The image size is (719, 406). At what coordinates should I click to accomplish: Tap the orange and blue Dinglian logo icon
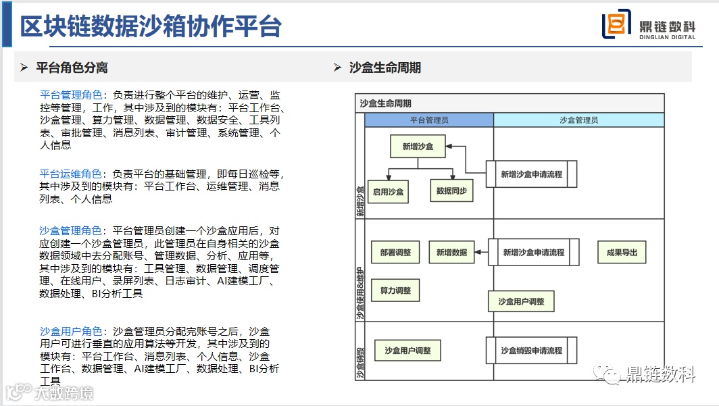coord(616,26)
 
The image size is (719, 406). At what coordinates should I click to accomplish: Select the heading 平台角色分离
coord(72,68)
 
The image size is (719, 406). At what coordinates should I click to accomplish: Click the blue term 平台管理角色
coord(70,95)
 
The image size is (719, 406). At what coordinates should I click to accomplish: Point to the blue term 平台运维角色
coord(70,174)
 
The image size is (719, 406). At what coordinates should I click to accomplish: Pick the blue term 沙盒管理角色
coord(70,231)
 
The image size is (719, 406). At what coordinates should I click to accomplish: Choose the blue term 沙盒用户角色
coord(70,332)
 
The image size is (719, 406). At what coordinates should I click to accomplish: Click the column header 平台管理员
coord(429,120)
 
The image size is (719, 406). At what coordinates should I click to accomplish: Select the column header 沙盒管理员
coord(578,120)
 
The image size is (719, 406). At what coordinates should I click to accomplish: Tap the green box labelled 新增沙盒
coord(418,146)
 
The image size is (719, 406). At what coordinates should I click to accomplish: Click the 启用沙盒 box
coord(388,191)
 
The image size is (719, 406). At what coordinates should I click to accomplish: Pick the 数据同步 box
coord(451,191)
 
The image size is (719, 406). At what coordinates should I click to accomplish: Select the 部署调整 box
coord(395,253)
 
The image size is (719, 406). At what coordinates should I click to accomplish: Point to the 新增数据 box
coord(451,253)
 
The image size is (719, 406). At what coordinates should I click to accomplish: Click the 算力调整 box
coord(395,290)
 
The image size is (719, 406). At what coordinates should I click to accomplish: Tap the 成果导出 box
coord(622,253)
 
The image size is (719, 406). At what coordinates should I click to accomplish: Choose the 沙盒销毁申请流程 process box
coord(532,351)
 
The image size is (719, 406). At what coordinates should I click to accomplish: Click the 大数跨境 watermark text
coord(64,392)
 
